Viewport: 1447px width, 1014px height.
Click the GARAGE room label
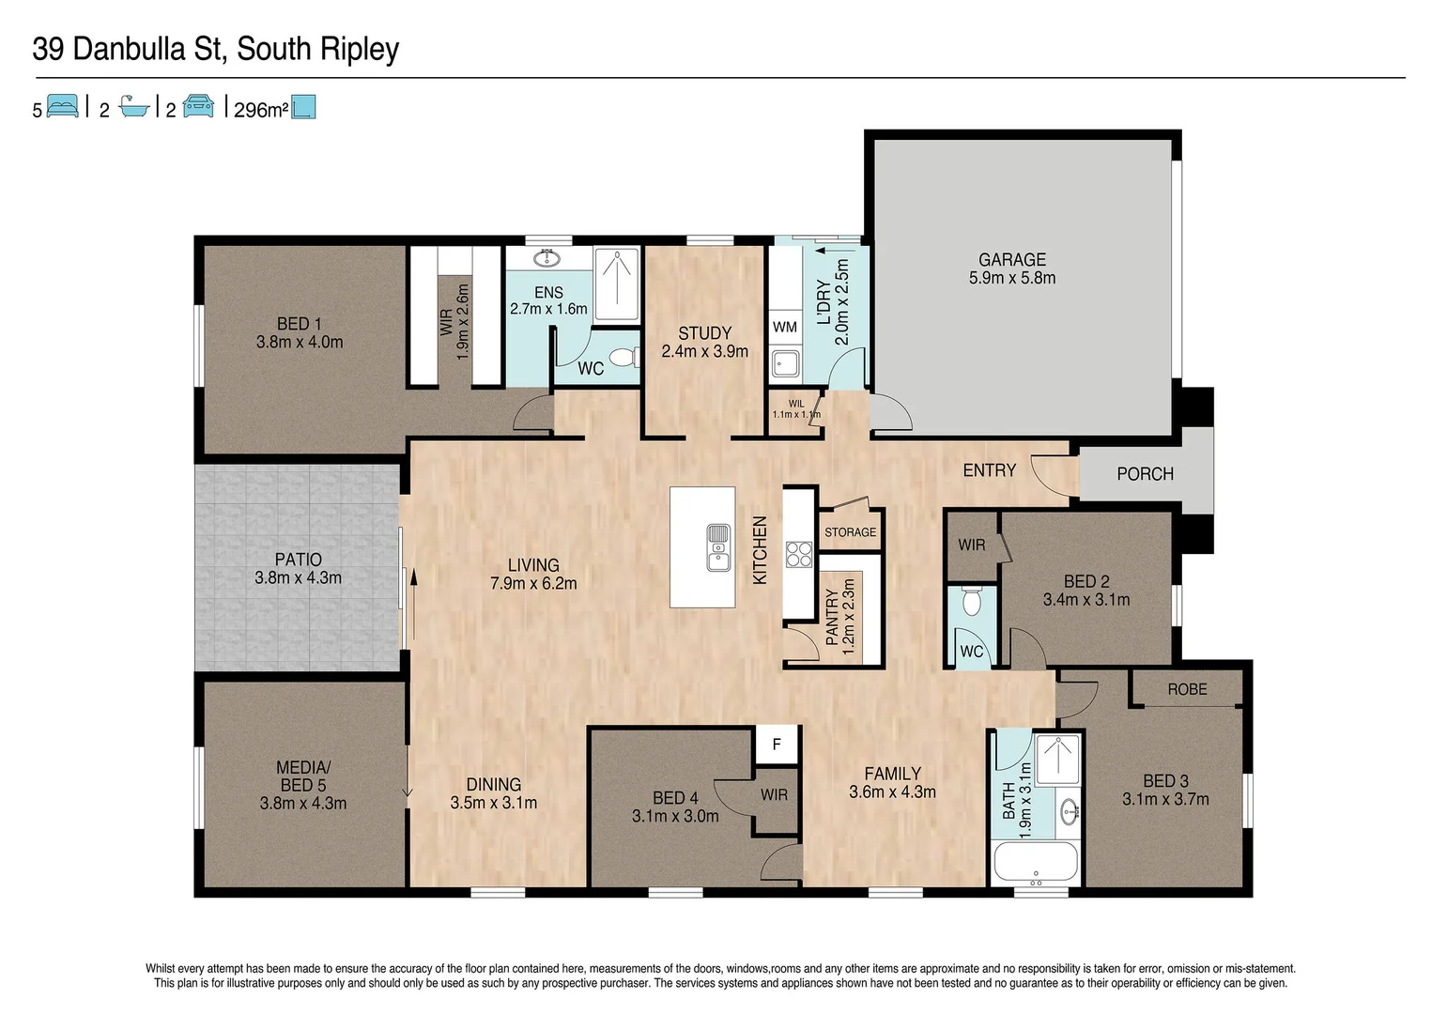(x=1011, y=260)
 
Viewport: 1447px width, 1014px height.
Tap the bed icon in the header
(x=62, y=107)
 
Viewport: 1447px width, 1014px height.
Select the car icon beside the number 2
(x=198, y=107)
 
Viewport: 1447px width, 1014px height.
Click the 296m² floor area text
(x=260, y=110)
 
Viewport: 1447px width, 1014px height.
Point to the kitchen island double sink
(x=718, y=547)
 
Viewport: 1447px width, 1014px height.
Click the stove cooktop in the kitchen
(x=798, y=554)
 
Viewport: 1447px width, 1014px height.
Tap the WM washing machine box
(x=785, y=328)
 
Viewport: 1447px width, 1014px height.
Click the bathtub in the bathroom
(x=1035, y=862)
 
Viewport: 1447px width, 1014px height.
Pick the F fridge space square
(x=777, y=745)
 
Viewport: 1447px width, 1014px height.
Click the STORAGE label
(x=850, y=532)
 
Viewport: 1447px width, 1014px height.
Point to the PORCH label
(x=1145, y=474)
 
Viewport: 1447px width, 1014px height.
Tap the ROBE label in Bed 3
(x=1187, y=689)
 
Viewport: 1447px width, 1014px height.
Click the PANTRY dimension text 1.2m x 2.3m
(x=849, y=616)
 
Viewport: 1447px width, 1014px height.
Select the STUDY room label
(x=704, y=333)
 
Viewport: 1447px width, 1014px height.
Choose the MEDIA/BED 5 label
(x=302, y=776)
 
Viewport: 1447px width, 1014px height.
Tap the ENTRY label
(x=989, y=470)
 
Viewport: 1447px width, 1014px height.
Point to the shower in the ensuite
(x=617, y=283)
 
